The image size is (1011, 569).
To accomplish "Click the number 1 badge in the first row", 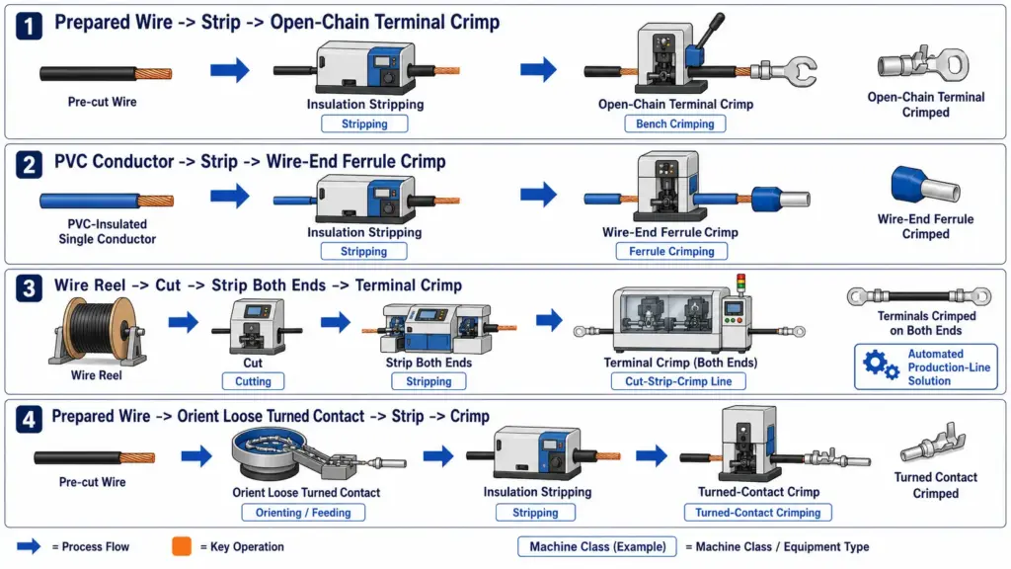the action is pos(29,26).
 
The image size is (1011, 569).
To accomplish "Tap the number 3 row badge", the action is pos(29,288).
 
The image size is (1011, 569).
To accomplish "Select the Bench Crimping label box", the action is pos(675,123).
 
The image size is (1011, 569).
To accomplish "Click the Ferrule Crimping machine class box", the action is pos(671,251).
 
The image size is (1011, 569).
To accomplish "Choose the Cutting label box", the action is pos(253,381).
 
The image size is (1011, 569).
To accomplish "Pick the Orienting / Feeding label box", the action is pos(303,513).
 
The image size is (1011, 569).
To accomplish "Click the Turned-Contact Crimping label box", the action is pos(757,513).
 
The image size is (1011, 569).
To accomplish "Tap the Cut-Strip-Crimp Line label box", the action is pos(678,381).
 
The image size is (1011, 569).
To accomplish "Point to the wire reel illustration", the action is pos(97,330).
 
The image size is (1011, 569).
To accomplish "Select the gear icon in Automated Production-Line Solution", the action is pos(880,366).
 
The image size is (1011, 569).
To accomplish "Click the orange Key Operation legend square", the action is pos(182,546).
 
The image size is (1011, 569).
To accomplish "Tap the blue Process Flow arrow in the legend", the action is pos(29,546).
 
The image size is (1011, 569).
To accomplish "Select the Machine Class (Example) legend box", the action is pos(597,546).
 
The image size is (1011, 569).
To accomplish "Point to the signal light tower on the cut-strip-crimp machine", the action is pos(740,284).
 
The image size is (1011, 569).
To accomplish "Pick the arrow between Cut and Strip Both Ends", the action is pos(336,322).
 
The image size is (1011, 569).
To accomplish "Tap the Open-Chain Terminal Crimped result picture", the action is pos(923,64).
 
